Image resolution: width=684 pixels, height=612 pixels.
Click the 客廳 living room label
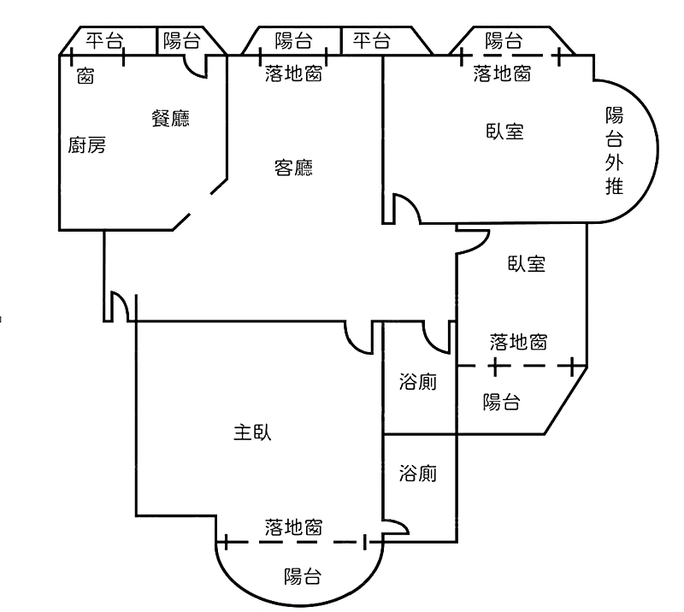click(293, 168)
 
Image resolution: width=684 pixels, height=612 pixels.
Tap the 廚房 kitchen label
click(87, 145)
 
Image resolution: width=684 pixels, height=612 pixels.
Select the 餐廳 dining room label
click(170, 118)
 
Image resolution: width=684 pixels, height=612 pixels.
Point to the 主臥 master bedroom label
click(252, 433)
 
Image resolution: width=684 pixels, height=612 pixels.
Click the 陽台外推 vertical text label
click(614, 150)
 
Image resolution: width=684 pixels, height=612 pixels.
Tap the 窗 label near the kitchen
click(85, 76)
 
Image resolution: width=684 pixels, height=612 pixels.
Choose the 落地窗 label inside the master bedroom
click(293, 527)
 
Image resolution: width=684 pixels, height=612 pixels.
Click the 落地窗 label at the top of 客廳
click(293, 74)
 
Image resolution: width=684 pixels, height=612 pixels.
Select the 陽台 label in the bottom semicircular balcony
click(303, 576)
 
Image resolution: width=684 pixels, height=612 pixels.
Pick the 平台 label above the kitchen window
click(104, 40)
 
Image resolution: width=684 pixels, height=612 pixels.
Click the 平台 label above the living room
click(371, 40)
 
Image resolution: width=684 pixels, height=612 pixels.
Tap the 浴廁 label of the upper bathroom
click(417, 382)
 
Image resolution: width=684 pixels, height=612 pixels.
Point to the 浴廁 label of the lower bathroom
click(417, 474)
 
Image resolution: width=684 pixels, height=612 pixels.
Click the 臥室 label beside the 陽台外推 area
click(504, 132)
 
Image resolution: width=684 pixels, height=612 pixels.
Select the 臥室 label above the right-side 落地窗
click(527, 264)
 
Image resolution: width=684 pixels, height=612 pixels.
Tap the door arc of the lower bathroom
click(400, 523)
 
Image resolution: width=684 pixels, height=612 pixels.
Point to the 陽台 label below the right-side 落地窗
click(501, 402)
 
